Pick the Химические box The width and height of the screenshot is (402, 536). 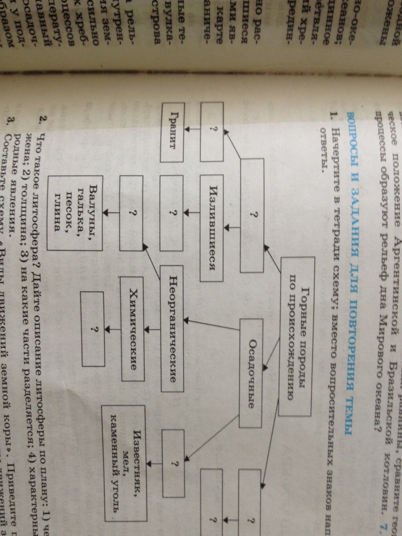point(133,329)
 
